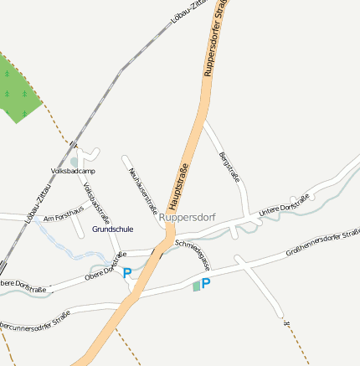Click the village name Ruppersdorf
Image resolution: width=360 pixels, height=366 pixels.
187,218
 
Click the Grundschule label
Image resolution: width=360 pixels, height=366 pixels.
112,229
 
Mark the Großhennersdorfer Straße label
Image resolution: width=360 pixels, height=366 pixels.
322,240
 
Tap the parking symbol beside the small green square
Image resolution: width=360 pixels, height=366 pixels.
206,284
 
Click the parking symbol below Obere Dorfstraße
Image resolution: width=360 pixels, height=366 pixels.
127,273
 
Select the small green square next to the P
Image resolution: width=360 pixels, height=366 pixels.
197,286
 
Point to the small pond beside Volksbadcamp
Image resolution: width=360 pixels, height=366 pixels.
75,161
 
